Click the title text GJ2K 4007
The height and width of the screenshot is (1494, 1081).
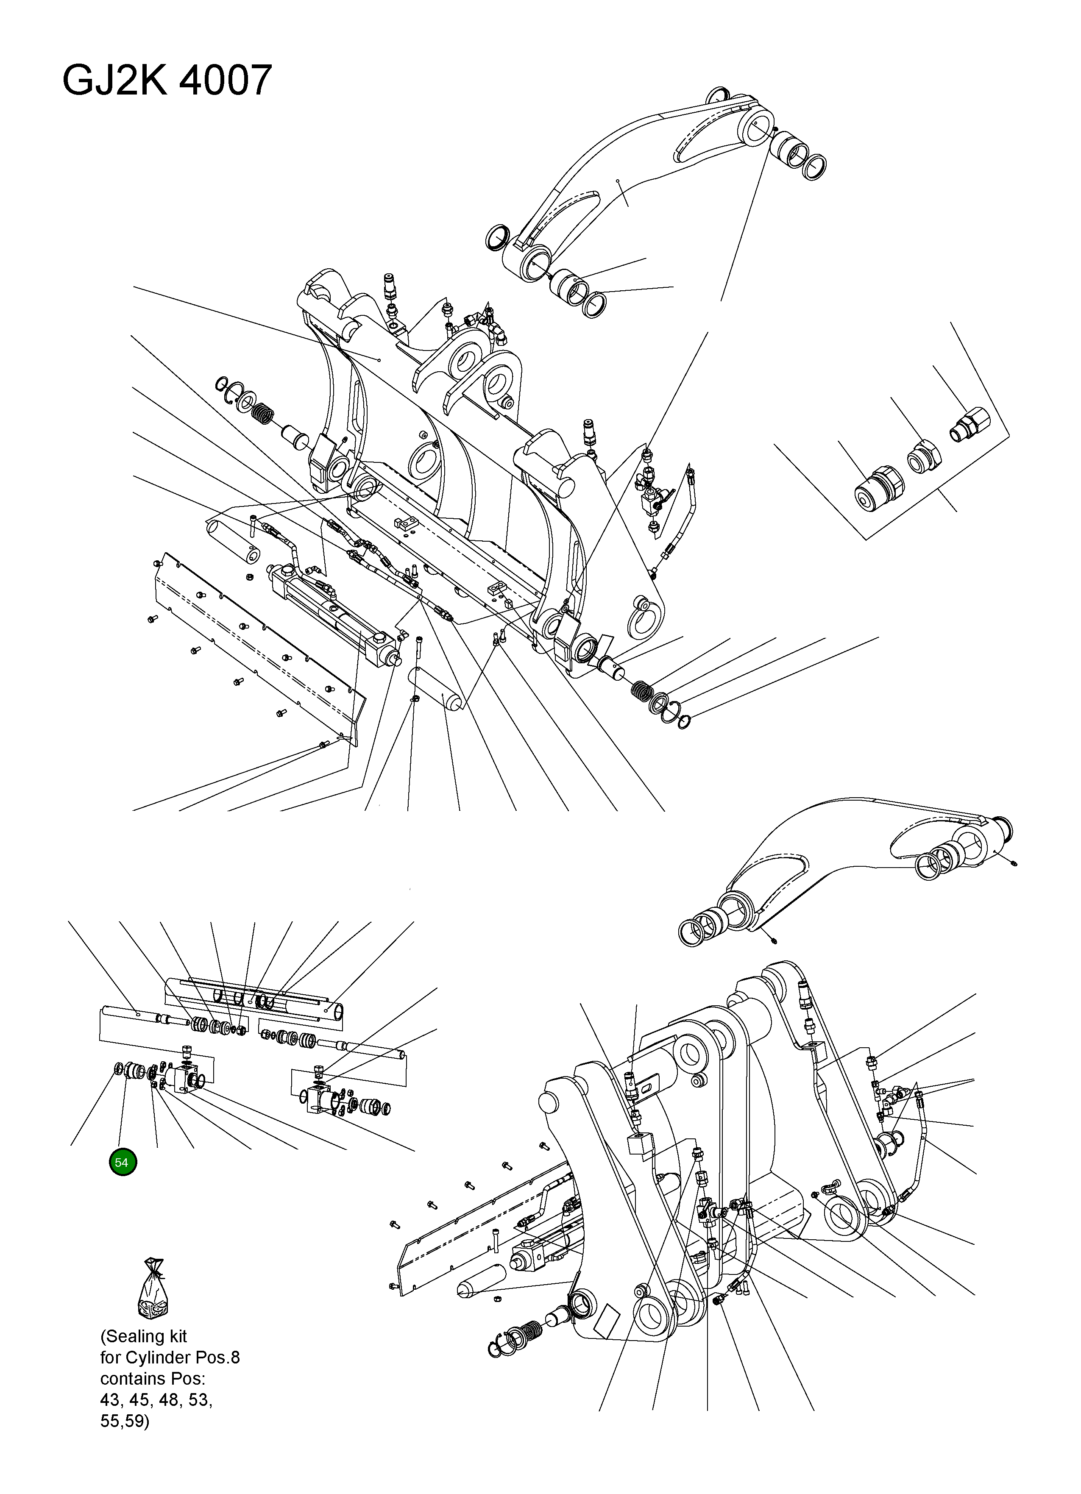coord(167,81)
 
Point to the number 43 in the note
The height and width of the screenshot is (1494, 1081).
coord(110,1399)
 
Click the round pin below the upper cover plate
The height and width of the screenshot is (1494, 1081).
coord(435,688)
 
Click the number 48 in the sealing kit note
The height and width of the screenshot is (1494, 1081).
coord(169,1399)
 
